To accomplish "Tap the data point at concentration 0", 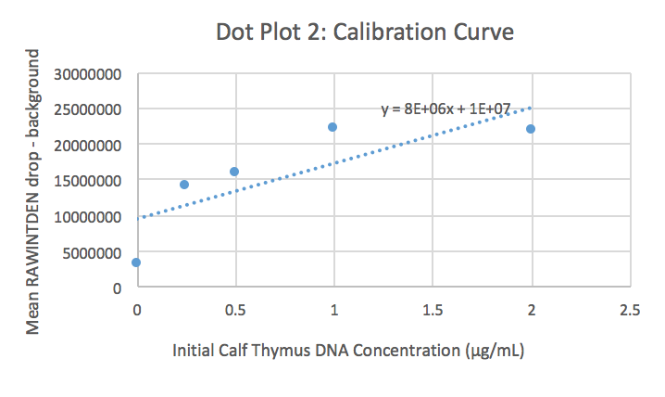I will coord(136,263).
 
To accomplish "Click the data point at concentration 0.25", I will coord(184,185).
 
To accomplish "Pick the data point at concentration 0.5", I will coord(234,172).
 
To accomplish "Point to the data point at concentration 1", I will coord(332,127).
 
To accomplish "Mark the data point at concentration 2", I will coord(531,129).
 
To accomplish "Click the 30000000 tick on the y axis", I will coord(93,73).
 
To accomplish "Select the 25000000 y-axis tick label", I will coord(93,109).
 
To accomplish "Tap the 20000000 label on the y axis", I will coord(93,145).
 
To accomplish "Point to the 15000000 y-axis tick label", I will coord(93,181).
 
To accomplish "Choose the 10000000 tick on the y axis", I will coord(93,216).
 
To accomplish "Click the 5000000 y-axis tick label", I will coord(96,252).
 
